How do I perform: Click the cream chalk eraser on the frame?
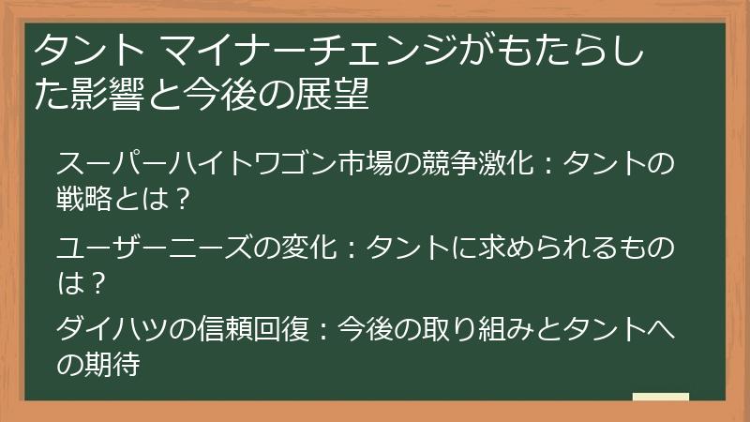coord(660,398)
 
